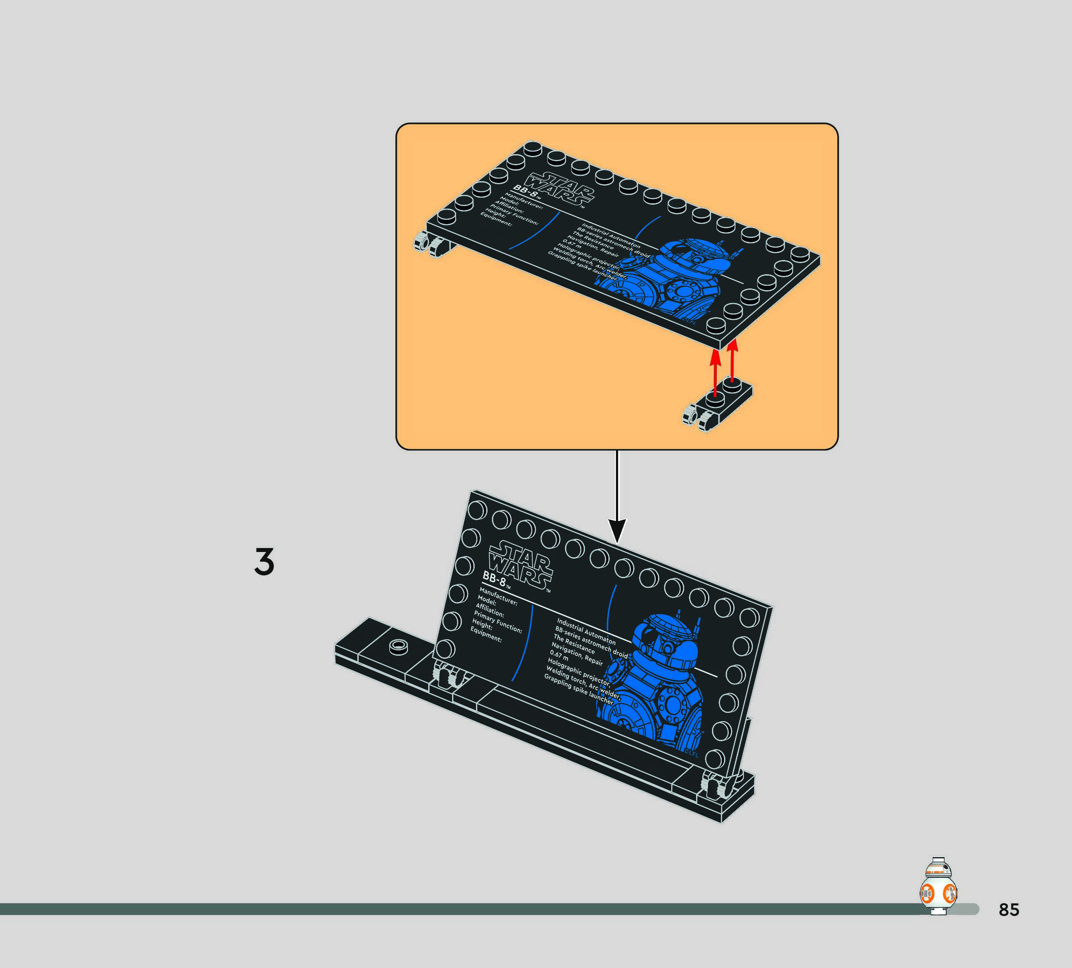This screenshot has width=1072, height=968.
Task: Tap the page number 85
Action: pos(1008,910)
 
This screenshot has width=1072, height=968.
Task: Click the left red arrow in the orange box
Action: pos(716,374)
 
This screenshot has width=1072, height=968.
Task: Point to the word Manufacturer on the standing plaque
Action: pos(498,596)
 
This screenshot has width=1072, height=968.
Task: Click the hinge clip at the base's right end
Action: pos(714,785)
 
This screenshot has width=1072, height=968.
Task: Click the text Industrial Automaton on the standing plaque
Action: pos(586,631)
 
